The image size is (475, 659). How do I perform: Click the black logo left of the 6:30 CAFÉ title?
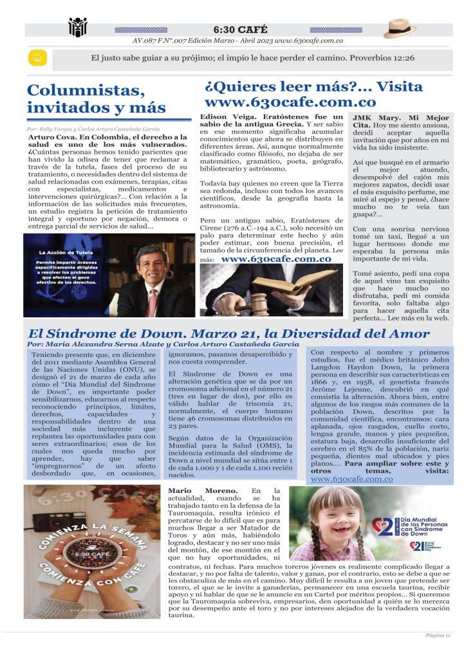point(78,28)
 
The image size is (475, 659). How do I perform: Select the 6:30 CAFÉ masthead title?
point(241,30)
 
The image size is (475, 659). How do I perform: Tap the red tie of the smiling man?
point(152,302)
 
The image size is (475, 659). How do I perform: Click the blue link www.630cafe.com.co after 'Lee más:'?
point(275,259)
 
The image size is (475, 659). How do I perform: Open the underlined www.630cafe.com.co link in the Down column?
point(351,479)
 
